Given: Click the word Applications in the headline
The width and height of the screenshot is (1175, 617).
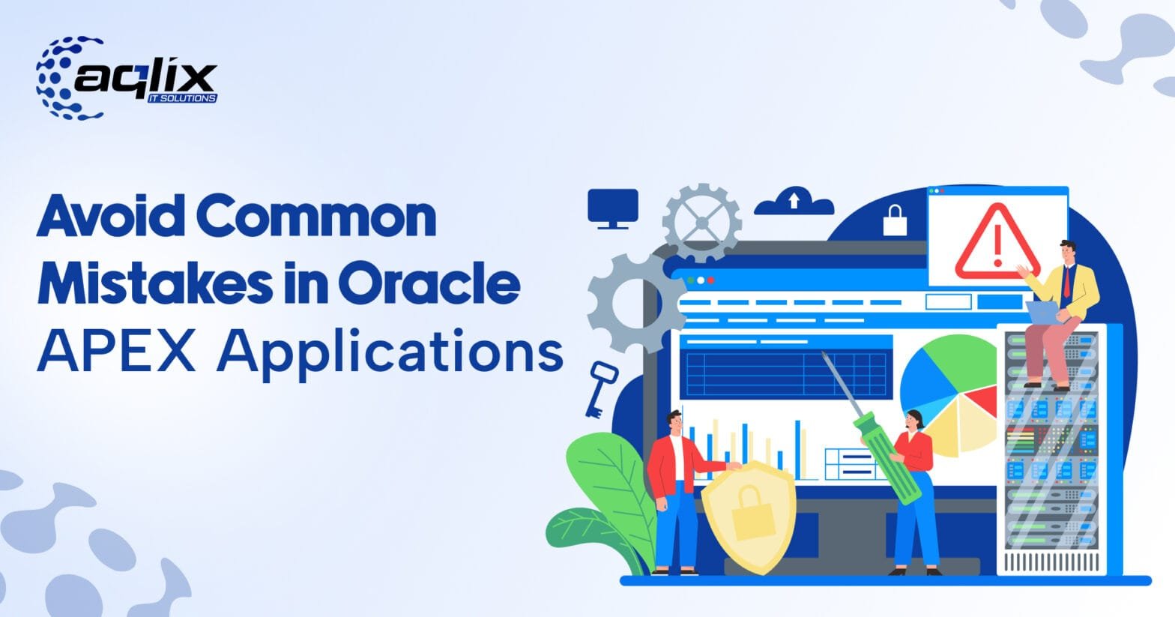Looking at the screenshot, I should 390,352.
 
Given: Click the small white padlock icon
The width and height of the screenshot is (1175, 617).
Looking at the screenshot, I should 895,220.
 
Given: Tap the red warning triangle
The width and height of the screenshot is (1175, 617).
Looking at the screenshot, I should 997,241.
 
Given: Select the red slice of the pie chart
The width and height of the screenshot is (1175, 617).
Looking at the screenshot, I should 982,401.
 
